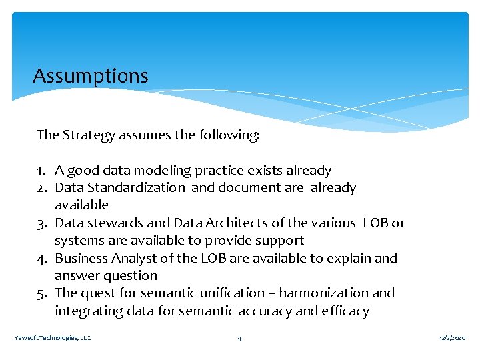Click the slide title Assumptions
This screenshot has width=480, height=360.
click(x=91, y=76)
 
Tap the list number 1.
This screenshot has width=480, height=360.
click(x=41, y=171)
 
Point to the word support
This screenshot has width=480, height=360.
click(x=281, y=240)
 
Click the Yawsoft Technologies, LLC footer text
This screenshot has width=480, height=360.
click(x=53, y=339)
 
